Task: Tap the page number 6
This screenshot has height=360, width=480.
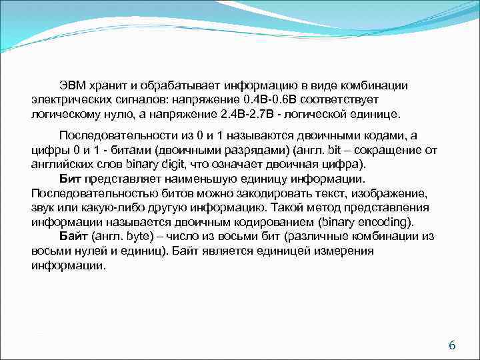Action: (x=451, y=345)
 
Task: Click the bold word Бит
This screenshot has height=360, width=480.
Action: (x=70, y=179)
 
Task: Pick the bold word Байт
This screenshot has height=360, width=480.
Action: (x=73, y=236)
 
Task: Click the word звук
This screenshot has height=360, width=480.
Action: (x=43, y=208)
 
